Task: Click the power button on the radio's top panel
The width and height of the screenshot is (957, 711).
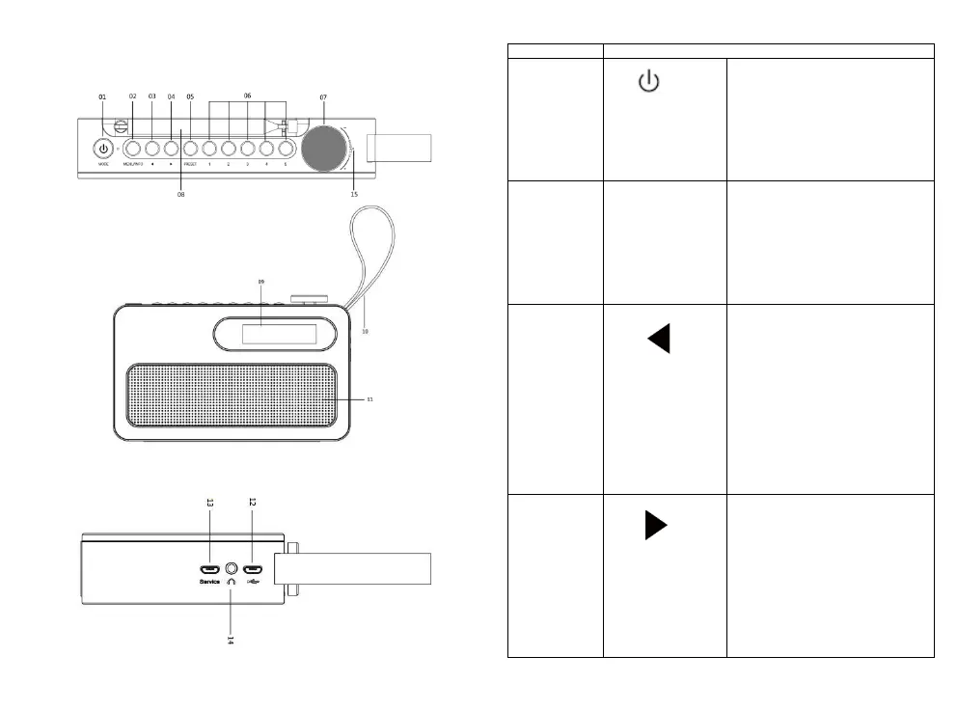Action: [102, 150]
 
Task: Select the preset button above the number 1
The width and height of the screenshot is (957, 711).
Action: [209, 150]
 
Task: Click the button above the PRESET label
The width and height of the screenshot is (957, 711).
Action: [190, 150]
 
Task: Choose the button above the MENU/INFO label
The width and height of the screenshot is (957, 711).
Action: [132, 150]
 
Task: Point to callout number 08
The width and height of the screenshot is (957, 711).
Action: [180, 194]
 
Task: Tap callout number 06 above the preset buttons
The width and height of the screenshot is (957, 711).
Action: [247, 96]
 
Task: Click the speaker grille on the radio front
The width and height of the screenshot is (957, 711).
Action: [232, 396]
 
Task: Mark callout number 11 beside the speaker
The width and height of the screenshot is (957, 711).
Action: [370, 397]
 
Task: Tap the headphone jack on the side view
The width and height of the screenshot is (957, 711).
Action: [232, 568]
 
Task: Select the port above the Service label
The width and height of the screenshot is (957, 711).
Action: [208, 568]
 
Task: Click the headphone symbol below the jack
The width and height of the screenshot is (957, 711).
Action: [232, 584]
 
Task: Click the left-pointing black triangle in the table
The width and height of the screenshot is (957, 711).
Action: [659, 339]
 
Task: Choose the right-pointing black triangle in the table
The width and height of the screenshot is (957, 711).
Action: [655, 526]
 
